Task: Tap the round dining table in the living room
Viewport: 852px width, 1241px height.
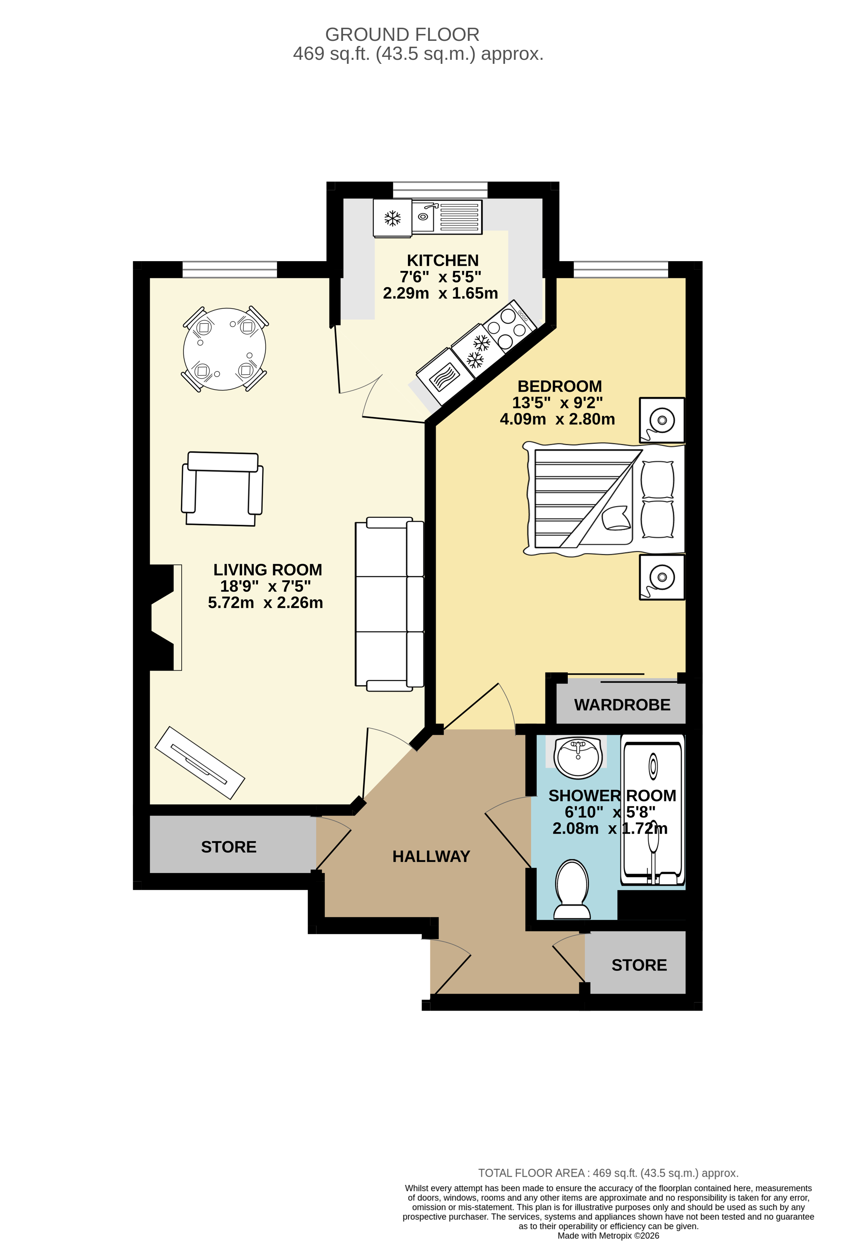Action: point(224,349)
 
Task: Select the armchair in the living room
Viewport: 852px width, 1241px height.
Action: point(222,489)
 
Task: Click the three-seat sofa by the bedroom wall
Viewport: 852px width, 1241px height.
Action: point(389,604)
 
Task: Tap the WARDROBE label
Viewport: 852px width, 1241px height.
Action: point(622,705)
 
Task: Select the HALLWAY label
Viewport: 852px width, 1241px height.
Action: point(431,857)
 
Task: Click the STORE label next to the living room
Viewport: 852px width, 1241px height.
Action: point(229,847)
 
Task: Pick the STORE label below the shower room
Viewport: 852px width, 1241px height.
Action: point(639,965)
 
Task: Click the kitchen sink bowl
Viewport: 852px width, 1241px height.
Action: point(423,216)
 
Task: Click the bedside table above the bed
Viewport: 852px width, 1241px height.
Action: point(662,420)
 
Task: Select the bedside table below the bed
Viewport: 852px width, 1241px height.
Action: point(662,577)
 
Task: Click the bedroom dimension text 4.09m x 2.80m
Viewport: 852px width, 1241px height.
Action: point(557,419)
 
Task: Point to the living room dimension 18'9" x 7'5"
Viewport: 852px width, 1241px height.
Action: point(266,586)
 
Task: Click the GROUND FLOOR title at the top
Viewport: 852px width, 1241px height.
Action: point(402,35)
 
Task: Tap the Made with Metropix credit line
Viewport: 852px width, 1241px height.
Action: point(608,1236)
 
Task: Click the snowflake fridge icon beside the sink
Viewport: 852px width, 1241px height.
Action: point(393,218)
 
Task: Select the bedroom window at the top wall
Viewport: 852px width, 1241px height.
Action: point(621,269)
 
